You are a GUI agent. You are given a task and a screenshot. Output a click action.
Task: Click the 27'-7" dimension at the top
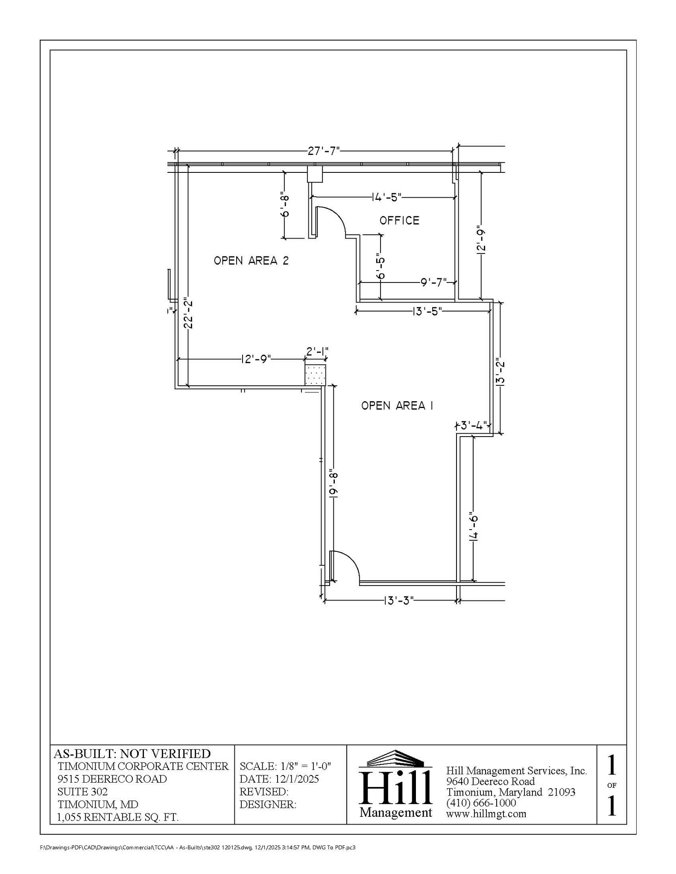click(x=324, y=151)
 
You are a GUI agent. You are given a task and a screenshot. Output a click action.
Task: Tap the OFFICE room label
click(x=399, y=221)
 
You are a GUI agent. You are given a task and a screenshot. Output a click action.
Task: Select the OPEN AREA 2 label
click(x=251, y=260)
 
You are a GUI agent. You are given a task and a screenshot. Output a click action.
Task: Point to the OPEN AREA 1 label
click(x=397, y=405)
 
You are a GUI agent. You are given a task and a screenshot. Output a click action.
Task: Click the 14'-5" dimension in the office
click(x=386, y=197)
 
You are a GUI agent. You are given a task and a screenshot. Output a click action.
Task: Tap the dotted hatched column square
click(x=315, y=375)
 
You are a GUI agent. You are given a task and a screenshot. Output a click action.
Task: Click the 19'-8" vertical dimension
click(x=334, y=484)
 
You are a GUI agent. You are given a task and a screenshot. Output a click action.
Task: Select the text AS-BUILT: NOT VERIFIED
click(x=132, y=754)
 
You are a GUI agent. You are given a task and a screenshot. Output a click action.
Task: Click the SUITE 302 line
click(x=82, y=792)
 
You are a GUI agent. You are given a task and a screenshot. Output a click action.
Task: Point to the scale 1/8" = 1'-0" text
click(x=285, y=766)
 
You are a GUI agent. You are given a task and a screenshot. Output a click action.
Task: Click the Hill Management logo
click(x=395, y=785)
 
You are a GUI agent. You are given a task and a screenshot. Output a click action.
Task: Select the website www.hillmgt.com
click(x=486, y=813)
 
